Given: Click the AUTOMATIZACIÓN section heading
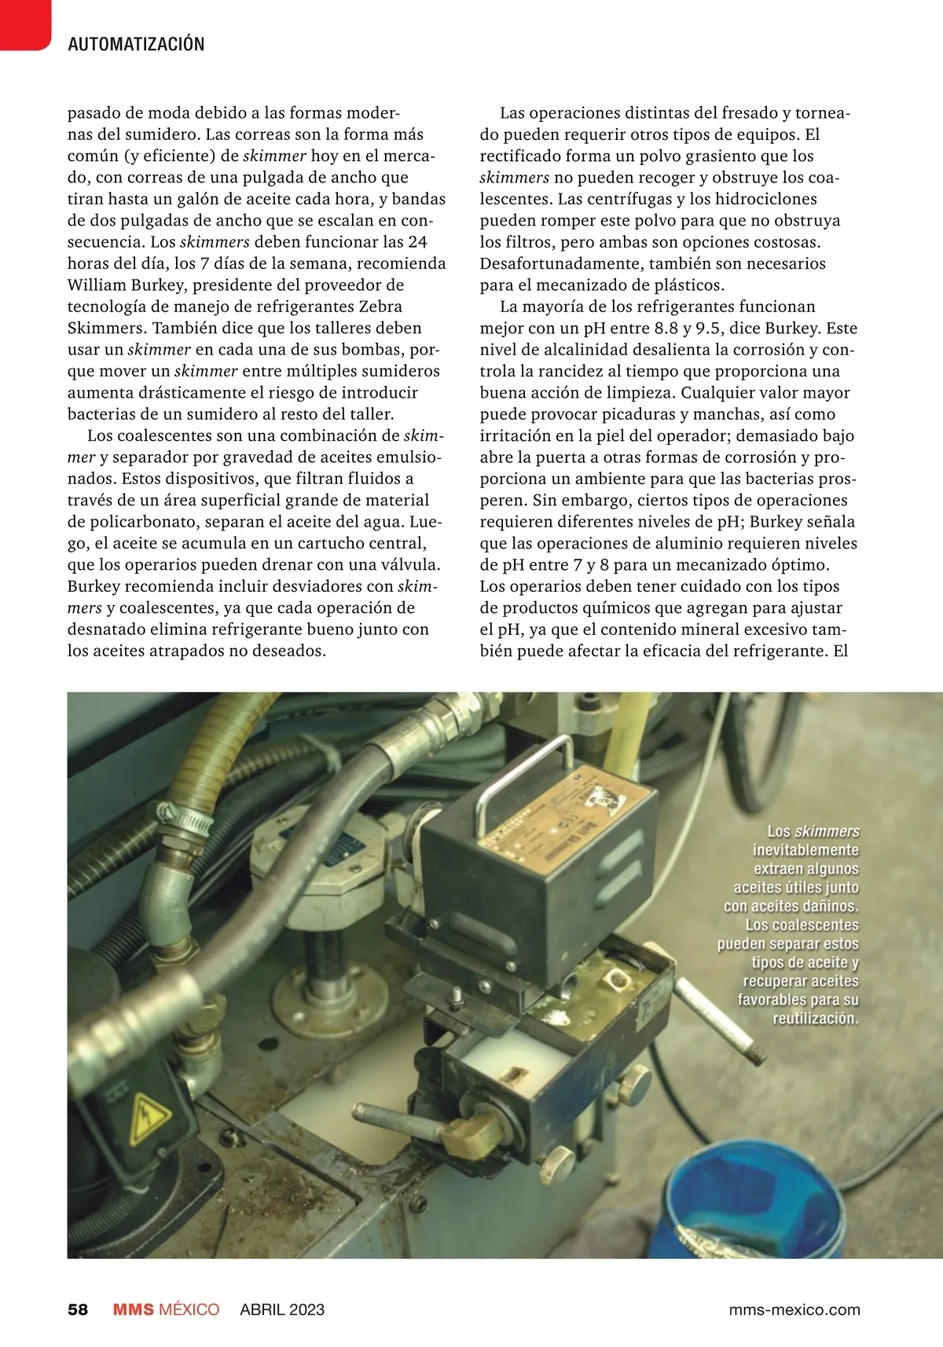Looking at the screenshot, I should point(136,44).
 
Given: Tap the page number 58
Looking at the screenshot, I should point(78,1309).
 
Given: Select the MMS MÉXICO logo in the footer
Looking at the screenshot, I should point(166,1309).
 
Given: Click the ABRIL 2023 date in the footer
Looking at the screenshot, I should point(282,1309).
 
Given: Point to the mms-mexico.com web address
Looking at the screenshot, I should point(794,1309).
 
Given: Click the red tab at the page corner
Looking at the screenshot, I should point(24,24).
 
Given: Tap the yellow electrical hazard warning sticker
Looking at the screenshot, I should point(149,1117).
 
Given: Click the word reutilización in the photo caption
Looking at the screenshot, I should point(815,1019).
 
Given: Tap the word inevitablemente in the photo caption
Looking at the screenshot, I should point(805,850).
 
